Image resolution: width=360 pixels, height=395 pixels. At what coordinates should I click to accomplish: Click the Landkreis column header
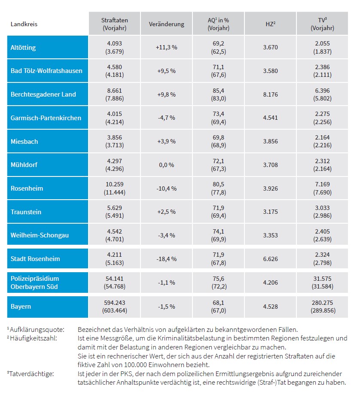(x=24, y=24)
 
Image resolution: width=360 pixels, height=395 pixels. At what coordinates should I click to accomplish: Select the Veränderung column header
(x=167, y=24)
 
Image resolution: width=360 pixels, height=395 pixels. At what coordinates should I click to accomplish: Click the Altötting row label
(x=23, y=47)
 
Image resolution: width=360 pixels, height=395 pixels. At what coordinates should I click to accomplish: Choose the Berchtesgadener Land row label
(x=43, y=94)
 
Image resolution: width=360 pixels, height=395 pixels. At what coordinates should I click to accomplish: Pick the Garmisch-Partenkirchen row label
(x=46, y=118)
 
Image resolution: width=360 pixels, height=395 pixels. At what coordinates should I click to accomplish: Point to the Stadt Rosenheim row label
(x=35, y=259)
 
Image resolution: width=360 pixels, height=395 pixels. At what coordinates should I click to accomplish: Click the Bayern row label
(x=20, y=307)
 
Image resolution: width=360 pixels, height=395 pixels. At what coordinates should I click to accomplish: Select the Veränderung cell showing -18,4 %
(x=167, y=259)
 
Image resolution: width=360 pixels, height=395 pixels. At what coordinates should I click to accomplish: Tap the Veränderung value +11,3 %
(x=167, y=47)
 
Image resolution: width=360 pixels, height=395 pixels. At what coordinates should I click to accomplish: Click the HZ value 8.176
(x=271, y=94)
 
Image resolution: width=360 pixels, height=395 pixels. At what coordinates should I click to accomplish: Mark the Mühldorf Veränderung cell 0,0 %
(x=167, y=165)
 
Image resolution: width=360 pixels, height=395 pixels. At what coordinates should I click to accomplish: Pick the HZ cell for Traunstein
(x=271, y=212)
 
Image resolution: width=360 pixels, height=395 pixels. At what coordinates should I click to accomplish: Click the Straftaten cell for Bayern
(x=114, y=307)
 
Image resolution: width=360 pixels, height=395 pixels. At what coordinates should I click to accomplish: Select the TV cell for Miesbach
(x=322, y=141)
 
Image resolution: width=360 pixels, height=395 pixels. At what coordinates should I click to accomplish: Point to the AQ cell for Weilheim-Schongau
(x=219, y=235)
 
